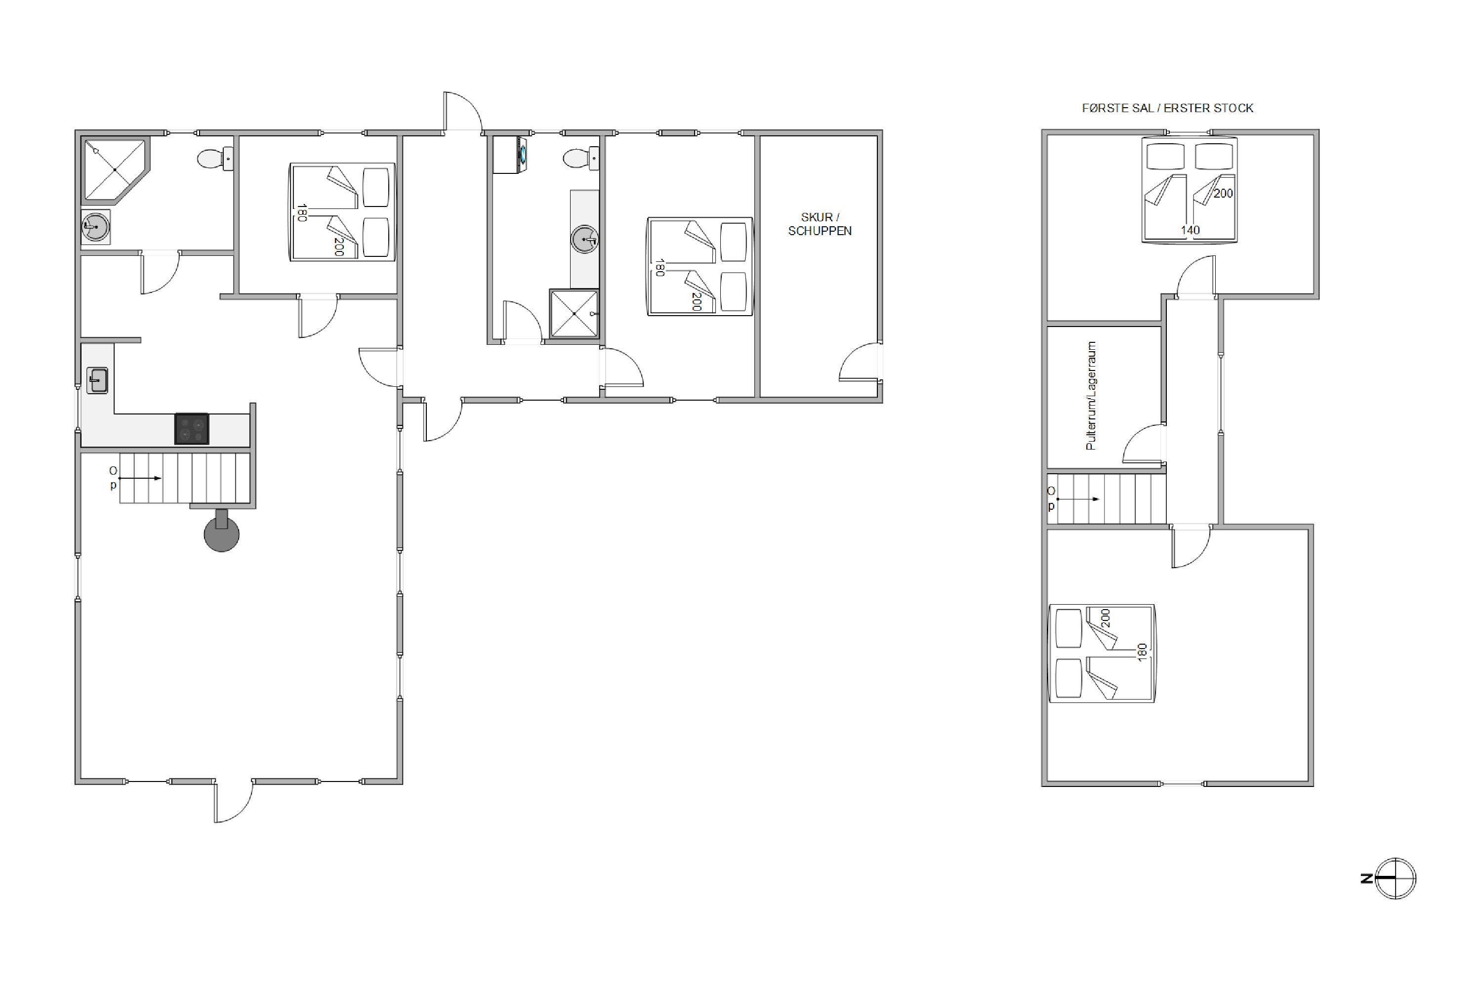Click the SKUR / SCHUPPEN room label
(x=820, y=224)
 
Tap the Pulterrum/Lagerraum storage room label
(x=1091, y=396)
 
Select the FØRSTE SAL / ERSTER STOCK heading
(x=1168, y=108)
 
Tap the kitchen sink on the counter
(x=97, y=380)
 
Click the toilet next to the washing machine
(x=581, y=158)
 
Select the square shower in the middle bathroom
(x=574, y=313)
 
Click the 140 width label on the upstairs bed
(x=1190, y=231)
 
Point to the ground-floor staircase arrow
(x=140, y=478)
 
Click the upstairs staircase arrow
(x=1078, y=499)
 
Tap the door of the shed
(x=860, y=362)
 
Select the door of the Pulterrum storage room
(x=1144, y=444)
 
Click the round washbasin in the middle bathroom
(x=585, y=240)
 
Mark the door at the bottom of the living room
(x=233, y=801)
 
